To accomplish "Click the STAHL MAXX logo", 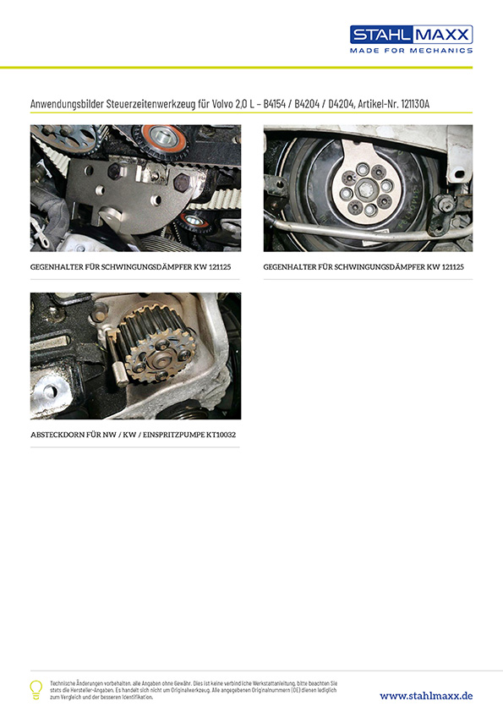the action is (x=412, y=35).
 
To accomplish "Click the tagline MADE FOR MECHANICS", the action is (x=412, y=51).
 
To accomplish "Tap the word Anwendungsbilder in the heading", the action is (x=67, y=104).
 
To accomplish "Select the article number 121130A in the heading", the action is (x=415, y=104).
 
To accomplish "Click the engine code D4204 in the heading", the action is (x=341, y=104).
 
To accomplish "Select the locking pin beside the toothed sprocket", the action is (x=118, y=359).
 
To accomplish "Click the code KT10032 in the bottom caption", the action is (x=221, y=435).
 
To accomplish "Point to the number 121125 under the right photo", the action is (x=452, y=267).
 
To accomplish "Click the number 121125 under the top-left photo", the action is (x=220, y=267).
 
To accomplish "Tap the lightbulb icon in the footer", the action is (x=36, y=689).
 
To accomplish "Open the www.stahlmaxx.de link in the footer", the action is (x=426, y=696).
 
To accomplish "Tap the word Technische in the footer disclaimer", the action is (x=61, y=683).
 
